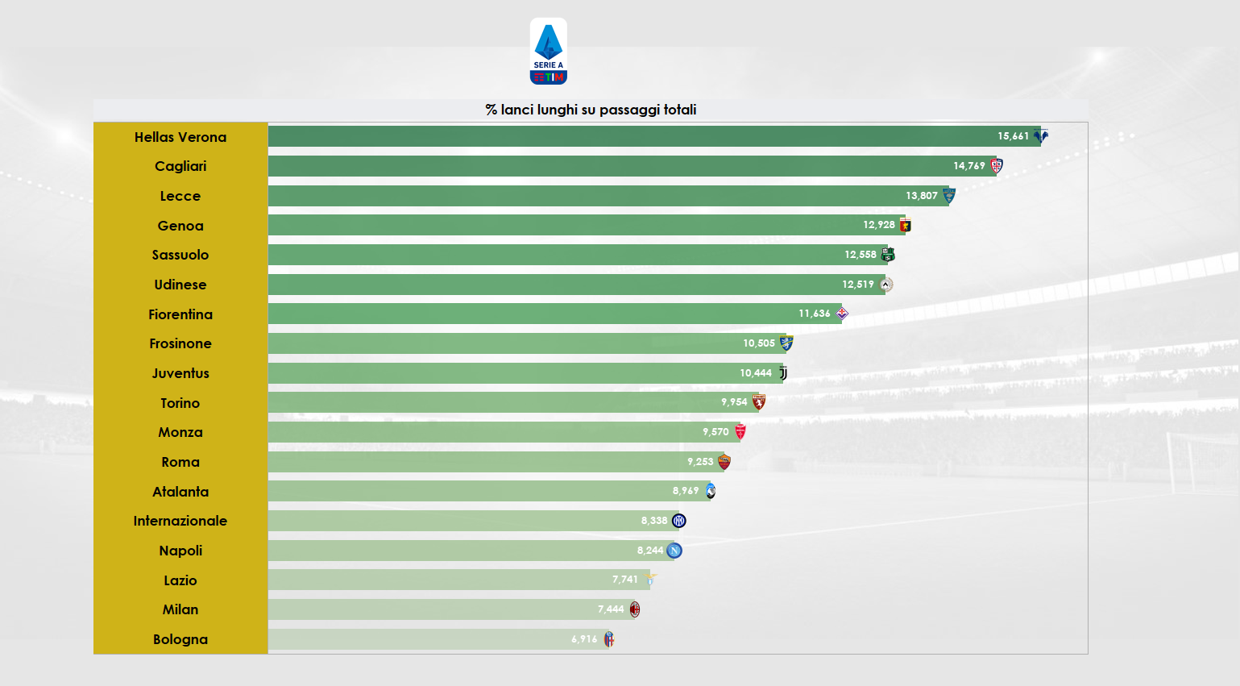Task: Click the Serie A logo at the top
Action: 548,52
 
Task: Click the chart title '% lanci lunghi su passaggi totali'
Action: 591,110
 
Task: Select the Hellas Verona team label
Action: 180,137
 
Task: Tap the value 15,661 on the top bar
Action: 1013,136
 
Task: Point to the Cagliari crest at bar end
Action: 997,166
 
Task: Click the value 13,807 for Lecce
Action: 921,196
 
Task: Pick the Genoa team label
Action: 180,226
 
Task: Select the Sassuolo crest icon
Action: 888,255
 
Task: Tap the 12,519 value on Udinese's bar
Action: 857,285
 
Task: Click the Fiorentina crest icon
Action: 842,314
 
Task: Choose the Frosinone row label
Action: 180,343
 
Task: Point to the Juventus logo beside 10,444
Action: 783,373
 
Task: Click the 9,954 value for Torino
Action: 733,402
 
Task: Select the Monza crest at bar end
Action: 740,432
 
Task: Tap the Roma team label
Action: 180,462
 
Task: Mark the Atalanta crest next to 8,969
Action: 711,491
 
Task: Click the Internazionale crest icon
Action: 679,521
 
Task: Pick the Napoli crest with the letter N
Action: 675,551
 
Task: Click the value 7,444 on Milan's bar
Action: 610,609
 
